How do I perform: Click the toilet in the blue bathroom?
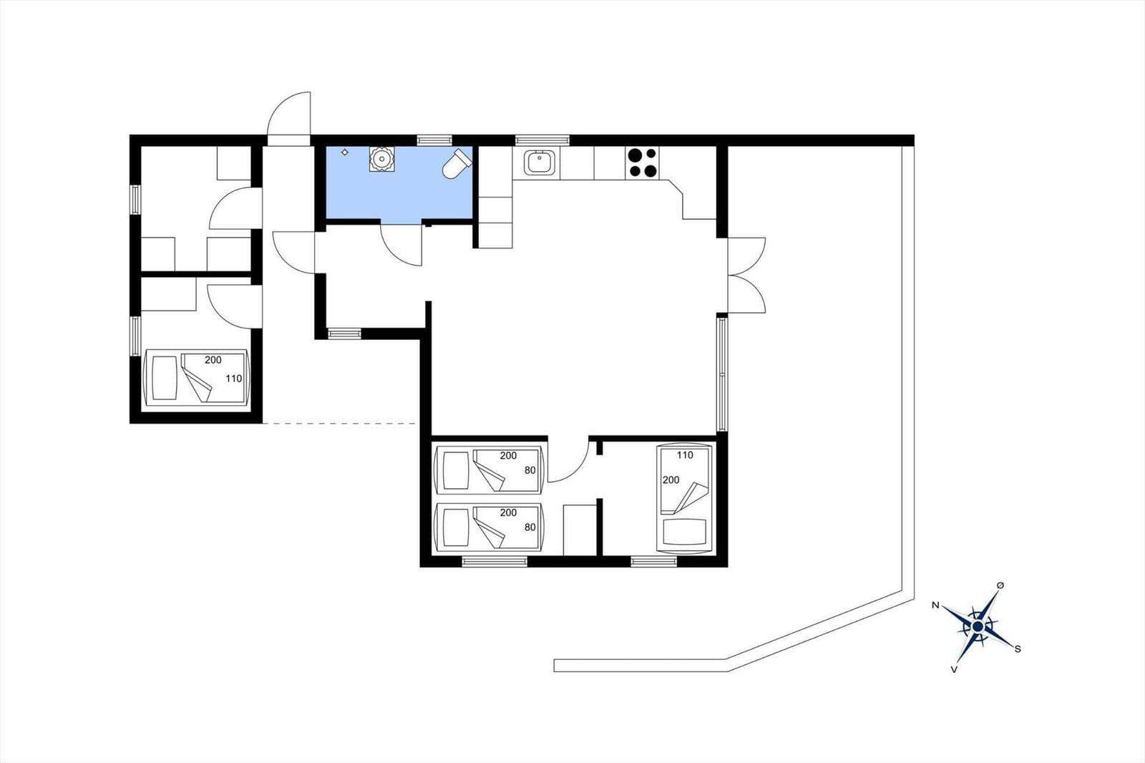[457, 163]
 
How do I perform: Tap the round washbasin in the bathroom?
[381, 158]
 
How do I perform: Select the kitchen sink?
[537, 162]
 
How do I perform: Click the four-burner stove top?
[642, 162]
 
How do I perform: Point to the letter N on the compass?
[935, 606]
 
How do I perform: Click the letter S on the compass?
[1018, 649]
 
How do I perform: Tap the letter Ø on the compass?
[1000, 585]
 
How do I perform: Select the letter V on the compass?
[954, 669]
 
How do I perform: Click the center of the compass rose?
[978, 626]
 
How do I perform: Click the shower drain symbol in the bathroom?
[345, 152]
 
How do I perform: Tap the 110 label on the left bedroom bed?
[233, 379]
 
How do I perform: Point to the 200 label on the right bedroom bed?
[671, 480]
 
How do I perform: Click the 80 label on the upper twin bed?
[530, 470]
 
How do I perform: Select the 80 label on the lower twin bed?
[530, 527]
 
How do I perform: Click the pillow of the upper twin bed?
[455, 470]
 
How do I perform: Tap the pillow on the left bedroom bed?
[165, 378]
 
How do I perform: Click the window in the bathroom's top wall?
[434, 140]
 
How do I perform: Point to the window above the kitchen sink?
[542, 140]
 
